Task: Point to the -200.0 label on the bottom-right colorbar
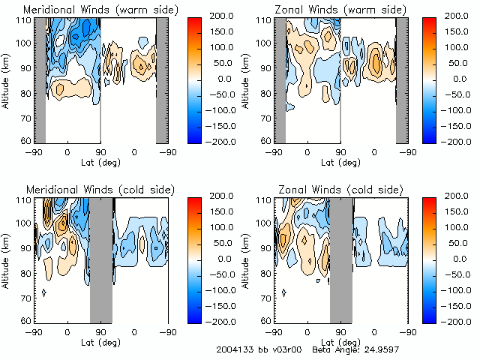tap(461, 321)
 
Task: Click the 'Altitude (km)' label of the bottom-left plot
tap(7, 260)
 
